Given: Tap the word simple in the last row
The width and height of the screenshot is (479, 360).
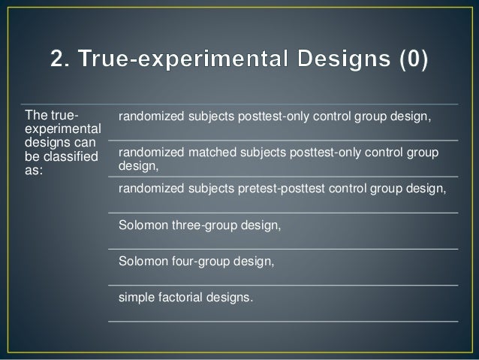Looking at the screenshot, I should pos(134,297).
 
